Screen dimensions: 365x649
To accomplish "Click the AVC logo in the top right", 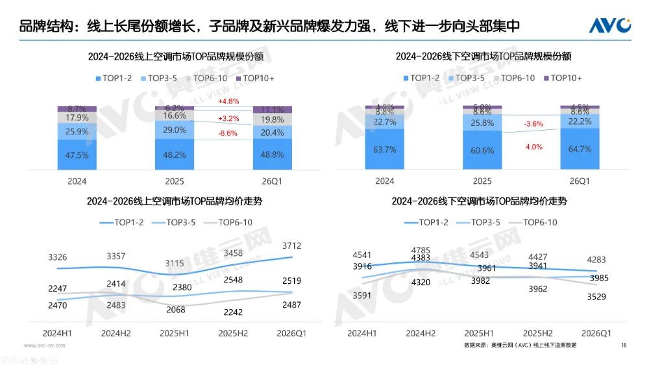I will [x=609, y=25].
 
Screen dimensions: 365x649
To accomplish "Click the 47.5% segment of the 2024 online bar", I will [x=77, y=155].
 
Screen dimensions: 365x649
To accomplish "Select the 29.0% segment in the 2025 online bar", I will [x=175, y=130].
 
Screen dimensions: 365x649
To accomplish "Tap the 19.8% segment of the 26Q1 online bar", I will [x=272, y=120].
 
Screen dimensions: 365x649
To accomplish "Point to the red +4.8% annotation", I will [x=229, y=101].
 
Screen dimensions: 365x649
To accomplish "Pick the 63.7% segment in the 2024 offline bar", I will [x=385, y=150].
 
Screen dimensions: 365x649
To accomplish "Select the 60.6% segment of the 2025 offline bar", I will [x=482, y=151].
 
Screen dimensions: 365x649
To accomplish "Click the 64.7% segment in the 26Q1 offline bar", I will [x=580, y=149].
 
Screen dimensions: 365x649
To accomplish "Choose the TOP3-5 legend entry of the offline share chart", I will [x=465, y=78].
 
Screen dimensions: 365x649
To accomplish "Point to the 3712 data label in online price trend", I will [x=292, y=245].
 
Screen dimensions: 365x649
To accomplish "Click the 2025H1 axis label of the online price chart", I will [x=175, y=333].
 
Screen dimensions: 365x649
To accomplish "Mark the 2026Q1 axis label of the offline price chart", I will [x=596, y=333].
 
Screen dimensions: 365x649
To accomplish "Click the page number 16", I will [x=624, y=345].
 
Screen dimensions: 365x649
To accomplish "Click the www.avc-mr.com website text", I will [x=44, y=346].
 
